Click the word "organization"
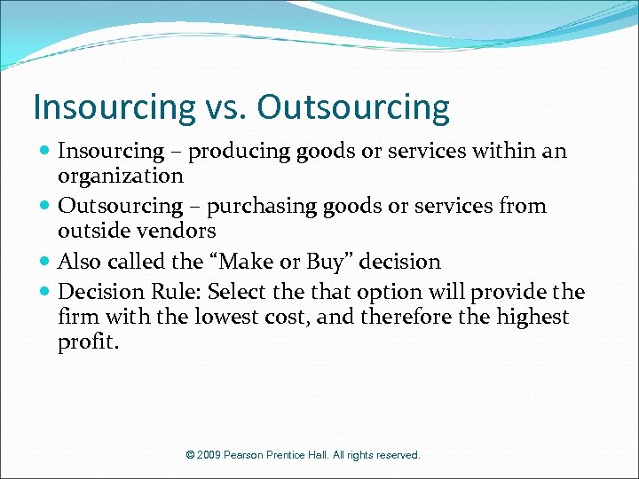click(120, 175)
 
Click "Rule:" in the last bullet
click(179, 292)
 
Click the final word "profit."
click(87, 342)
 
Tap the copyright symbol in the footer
click(191, 455)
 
